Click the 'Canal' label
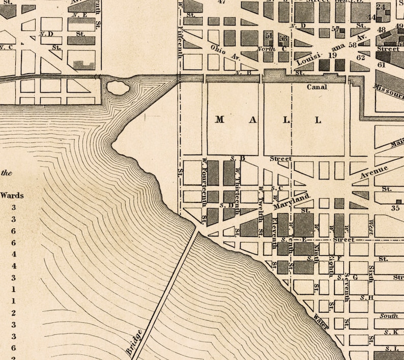point(316,87)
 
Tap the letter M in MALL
point(219,120)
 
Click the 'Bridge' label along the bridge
point(134,341)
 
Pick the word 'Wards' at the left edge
point(12,195)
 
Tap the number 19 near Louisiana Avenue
point(333,55)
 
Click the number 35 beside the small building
point(395,207)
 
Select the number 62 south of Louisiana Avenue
point(361,57)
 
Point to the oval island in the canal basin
point(117,87)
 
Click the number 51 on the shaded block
point(269,36)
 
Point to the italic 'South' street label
point(388,316)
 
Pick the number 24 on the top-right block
point(380,7)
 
